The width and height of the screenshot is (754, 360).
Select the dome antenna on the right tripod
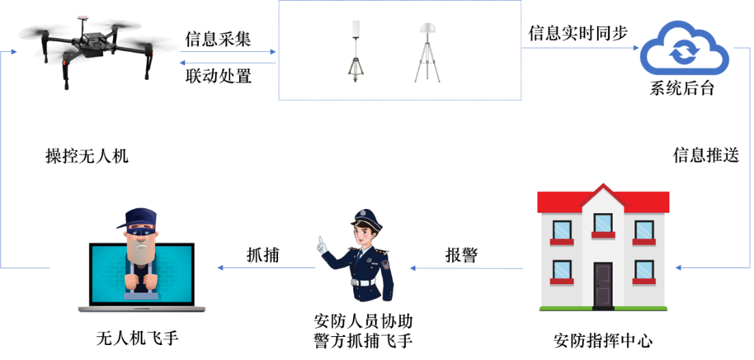click(428, 29)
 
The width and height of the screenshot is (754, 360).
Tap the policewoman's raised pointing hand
click(320, 244)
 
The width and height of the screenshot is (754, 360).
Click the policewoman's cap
click(366, 217)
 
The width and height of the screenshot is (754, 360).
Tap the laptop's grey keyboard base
click(141, 309)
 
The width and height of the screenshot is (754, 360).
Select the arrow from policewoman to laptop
click(266, 268)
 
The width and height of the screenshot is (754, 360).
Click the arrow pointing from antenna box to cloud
click(581, 48)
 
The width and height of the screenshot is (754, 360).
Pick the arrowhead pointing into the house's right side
click(678, 268)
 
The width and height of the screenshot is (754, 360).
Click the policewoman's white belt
click(363, 282)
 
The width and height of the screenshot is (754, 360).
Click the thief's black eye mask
click(142, 232)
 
